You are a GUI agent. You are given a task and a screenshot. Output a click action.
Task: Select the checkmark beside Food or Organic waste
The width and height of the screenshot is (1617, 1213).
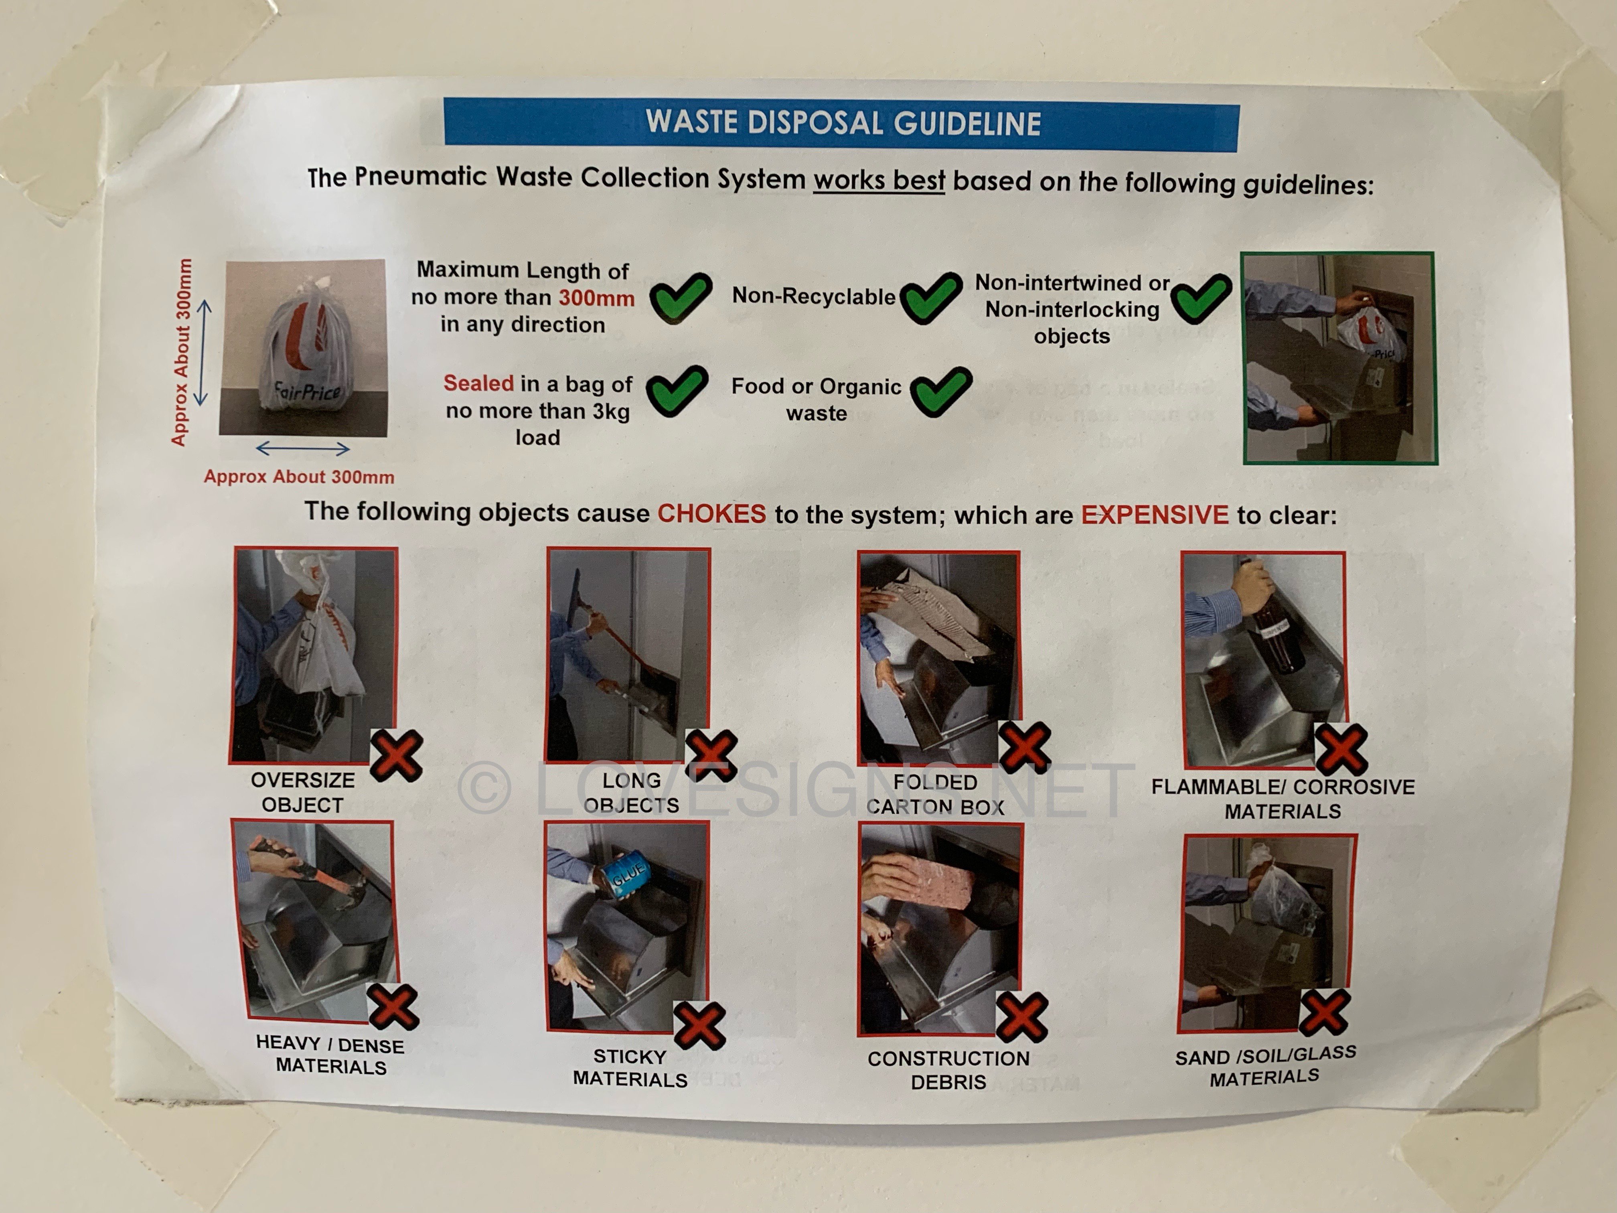pyautogui.click(x=941, y=391)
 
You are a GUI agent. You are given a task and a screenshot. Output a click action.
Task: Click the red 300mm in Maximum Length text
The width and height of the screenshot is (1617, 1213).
pyautogui.click(x=596, y=298)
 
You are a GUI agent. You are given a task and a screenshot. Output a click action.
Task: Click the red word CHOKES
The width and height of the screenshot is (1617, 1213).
pyautogui.click(x=712, y=513)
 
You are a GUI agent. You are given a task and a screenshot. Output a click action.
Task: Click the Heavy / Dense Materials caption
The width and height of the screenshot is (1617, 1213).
pyautogui.click(x=330, y=1055)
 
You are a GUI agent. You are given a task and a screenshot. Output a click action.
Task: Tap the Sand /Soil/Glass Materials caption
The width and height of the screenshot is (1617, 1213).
pyautogui.click(x=1265, y=1066)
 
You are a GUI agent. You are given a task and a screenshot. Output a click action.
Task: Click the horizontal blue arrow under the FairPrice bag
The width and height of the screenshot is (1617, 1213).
pyautogui.click(x=303, y=448)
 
